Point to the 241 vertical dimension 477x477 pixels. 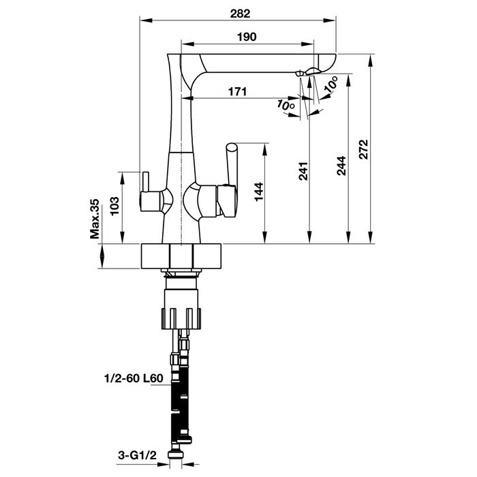tap(305, 170)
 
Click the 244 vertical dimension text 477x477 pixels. tap(342, 166)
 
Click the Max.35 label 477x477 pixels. tap(95, 220)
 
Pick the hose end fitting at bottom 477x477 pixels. tap(181, 450)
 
